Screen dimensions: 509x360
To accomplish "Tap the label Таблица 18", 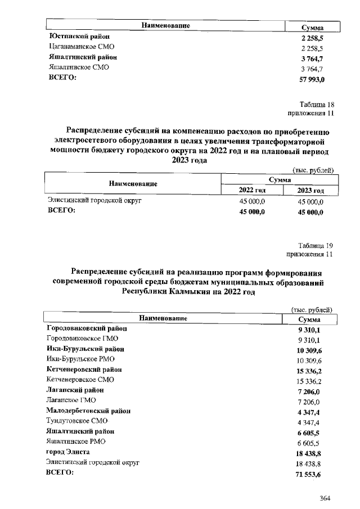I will [317, 104].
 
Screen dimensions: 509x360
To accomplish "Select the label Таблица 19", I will [317, 245].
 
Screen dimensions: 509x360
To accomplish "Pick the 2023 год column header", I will [310, 190].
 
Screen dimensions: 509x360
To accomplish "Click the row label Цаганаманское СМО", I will [82, 47].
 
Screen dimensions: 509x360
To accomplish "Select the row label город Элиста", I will [67, 452].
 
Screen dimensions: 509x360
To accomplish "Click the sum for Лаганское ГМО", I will [311, 400].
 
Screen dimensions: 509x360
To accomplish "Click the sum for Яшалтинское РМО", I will [311, 442].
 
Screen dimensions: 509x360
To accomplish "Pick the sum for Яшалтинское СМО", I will [312, 67].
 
